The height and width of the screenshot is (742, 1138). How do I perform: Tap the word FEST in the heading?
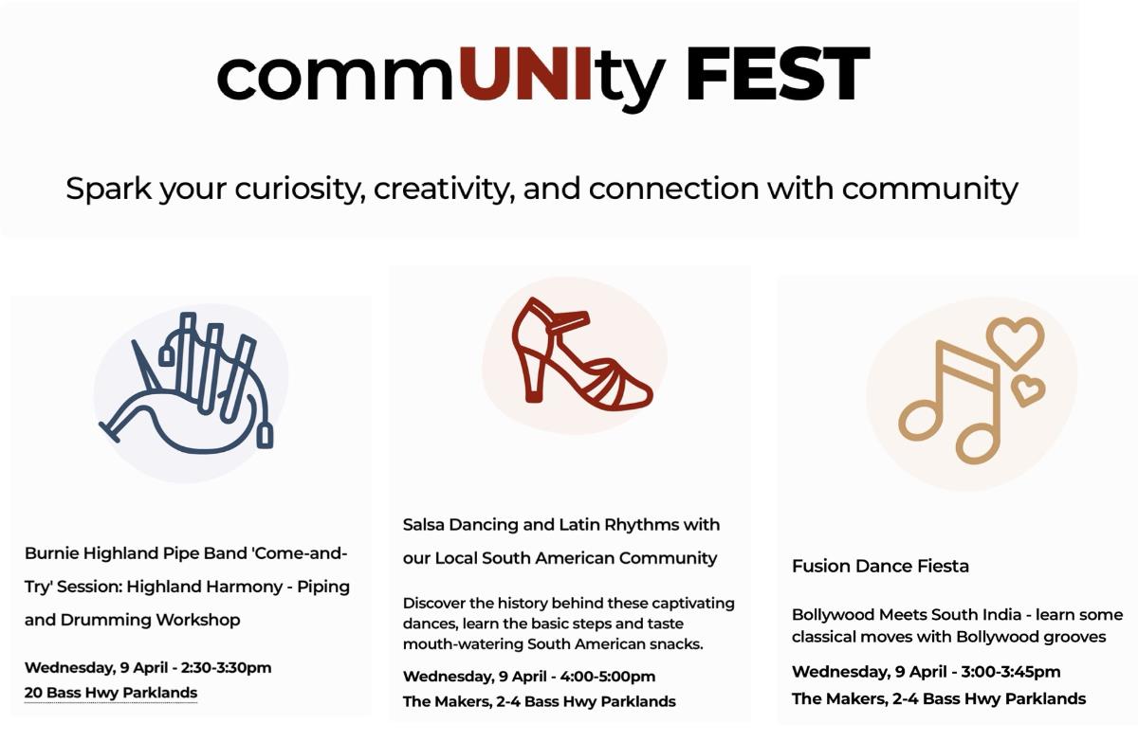point(778,74)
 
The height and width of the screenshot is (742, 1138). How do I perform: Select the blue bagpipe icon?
point(187,383)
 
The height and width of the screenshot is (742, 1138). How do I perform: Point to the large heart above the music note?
point(1016,341)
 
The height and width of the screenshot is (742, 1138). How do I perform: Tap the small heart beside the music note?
point(1028,390)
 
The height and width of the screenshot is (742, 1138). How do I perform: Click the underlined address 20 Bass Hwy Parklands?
point(111,693)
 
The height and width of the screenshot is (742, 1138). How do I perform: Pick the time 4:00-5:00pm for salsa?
point(608,677)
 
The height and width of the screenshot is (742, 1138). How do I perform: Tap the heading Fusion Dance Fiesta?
point(880,566)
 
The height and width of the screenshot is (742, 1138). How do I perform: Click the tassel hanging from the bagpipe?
point(265,436)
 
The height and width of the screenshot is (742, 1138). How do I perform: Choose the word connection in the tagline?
point(674,190)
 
